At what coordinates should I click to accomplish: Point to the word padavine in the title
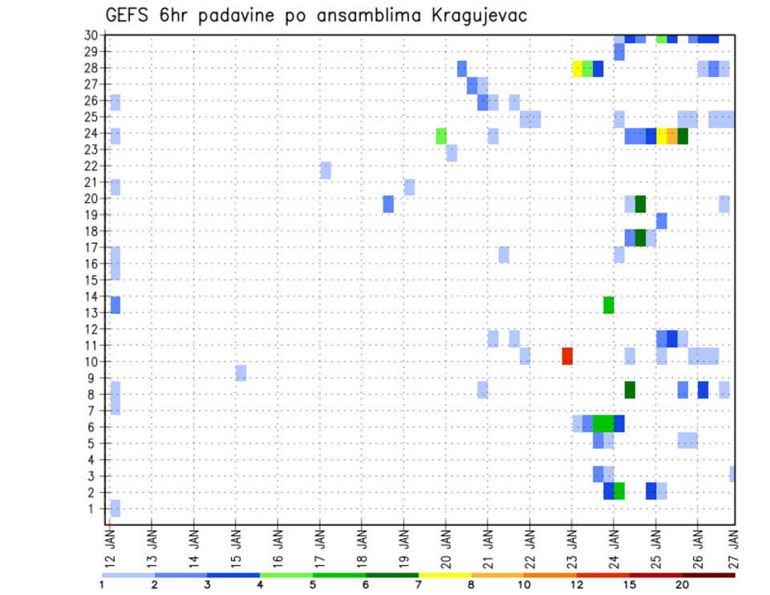click(x=233, y=16)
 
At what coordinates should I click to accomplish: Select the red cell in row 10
click(x=567, y=355)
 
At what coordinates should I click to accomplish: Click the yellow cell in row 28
click(x=577, y=68)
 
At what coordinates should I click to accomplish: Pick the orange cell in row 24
click(x=672, y=136)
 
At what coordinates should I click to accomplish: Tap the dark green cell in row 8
click(x=630, y=389)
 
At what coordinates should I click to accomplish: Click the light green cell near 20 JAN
click(x=441, y=136)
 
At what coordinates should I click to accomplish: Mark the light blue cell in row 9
click(x=241, y=372)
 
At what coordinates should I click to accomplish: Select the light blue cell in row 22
click(x=326, y=170)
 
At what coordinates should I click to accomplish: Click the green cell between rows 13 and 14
click(x=609, y=305)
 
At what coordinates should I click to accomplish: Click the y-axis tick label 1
click(x=96, y=508)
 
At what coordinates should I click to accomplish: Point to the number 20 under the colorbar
click(x=682, y=585)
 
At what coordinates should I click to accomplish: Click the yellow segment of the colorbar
click(x=445, y=575)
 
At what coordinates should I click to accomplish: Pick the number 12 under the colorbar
click(x=576, y=585)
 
